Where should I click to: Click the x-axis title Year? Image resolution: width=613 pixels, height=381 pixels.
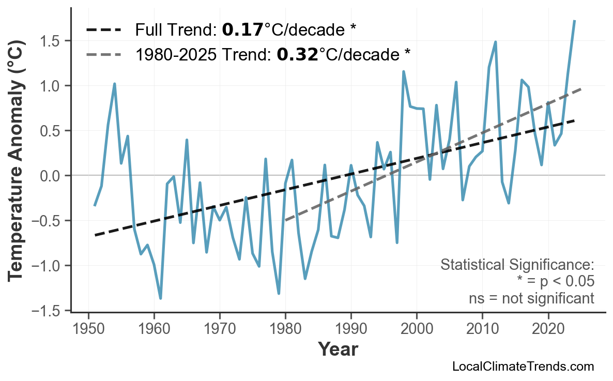click(338, 349)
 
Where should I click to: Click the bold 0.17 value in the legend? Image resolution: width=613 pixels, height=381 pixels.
click(242, 30)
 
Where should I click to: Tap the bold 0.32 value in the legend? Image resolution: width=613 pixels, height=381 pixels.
click(297, 54)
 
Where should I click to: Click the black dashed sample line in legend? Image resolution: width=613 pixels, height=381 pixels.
click(103, 30)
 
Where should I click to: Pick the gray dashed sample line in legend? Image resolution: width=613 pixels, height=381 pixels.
click(103, 54)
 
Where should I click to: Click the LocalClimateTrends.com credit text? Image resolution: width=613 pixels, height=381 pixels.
click(523, 367)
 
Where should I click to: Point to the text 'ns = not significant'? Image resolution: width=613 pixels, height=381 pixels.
click(531, 299)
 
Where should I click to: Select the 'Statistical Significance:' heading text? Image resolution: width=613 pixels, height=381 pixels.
click(517, 265)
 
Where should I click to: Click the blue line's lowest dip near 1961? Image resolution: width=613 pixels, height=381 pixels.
click(161, 298)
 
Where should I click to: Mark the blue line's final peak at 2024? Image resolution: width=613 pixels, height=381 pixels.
click(574, 21)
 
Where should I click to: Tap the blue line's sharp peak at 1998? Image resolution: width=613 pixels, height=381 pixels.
click(403, 72)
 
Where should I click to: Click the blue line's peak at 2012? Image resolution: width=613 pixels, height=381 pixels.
click(495, 42)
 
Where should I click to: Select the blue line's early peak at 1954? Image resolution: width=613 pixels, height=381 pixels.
click(114, 84)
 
